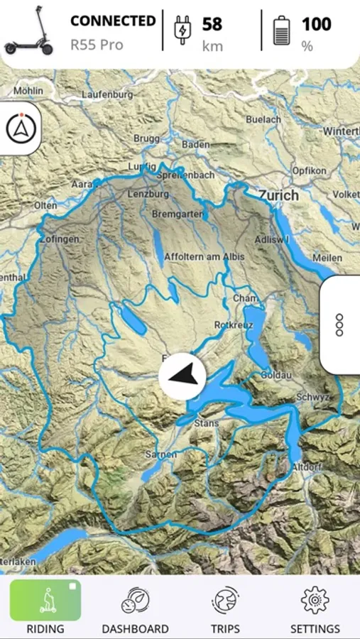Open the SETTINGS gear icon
point(315,601)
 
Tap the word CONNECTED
point(112,21)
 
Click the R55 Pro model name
point(97,45)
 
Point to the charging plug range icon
point(182,31)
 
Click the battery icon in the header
point(282,31)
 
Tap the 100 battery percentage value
point(316,24)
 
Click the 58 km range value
point(212,25)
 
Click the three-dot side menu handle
point(339,324)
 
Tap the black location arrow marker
point(182,376)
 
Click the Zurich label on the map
point(278,195)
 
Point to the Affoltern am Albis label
point(204,257)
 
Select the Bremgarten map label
point(178,214)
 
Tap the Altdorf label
point(307,467)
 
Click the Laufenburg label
point(107,94)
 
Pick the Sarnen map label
point(160,454)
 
